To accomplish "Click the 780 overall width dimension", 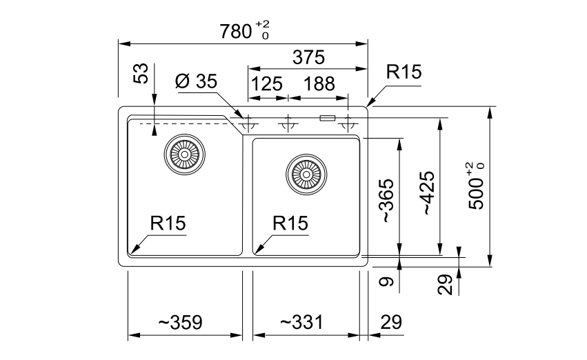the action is (x=244, y=30).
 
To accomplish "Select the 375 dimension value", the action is (x=308, y=58).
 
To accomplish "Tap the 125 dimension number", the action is (x=266, y=84).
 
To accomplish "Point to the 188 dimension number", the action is (x=319, y=84).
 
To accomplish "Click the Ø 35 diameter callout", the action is (x=196, y=81).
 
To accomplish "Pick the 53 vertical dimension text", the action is (x=141, y=73).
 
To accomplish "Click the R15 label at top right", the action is (x=404, y=72).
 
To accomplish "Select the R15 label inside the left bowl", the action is (x=168, y=223).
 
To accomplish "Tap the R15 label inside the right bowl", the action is (x=290, y=223).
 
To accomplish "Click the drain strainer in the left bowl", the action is (x=185, y=154).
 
